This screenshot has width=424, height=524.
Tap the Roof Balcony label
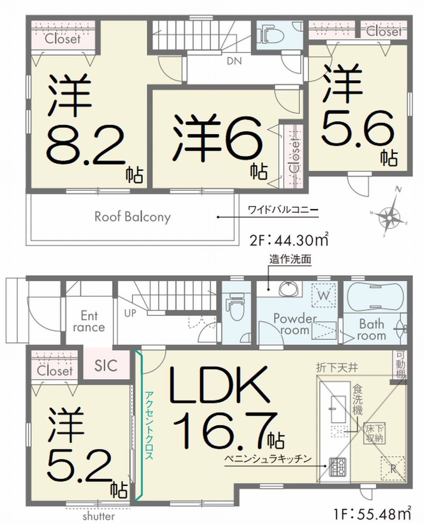point(133,217)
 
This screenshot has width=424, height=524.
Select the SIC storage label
point(106,366)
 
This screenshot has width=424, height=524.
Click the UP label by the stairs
point(130,313)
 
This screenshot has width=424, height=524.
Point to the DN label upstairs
point(234,61)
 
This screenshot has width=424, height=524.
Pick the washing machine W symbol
point(324,295)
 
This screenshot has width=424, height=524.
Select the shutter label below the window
point(99,516)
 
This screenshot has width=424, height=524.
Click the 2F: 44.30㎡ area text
point(289,240)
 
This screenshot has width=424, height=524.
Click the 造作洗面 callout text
point(290,259)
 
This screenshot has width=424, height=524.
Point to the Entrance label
point(89,321)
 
